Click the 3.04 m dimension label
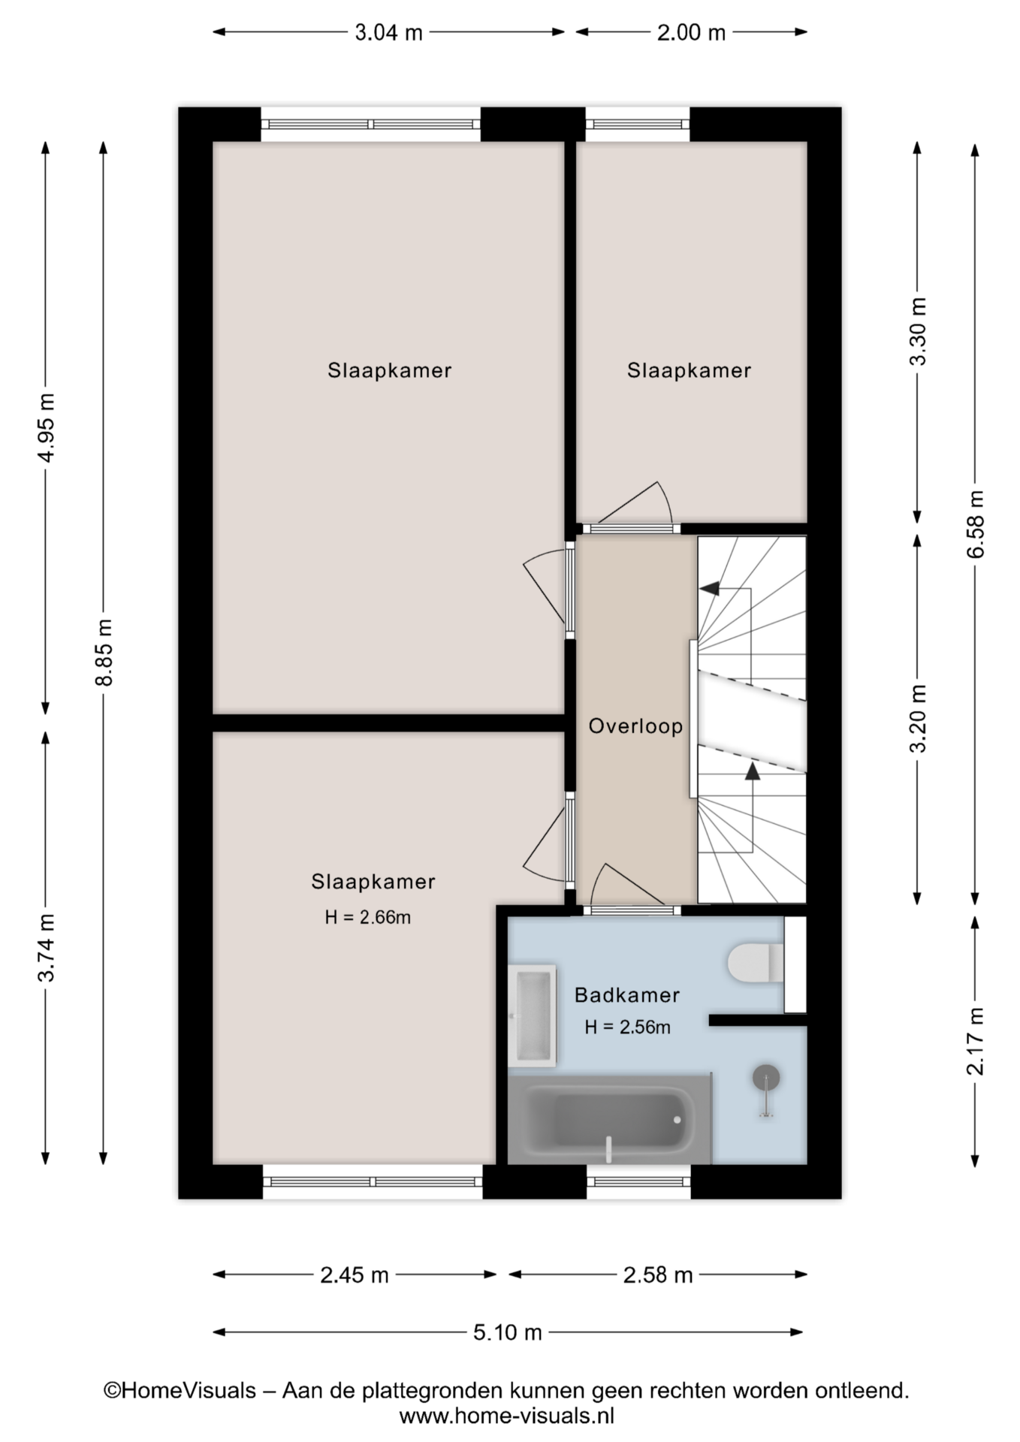pos(388,32)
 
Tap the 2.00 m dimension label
pos(691,32)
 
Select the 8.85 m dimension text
pos(104,652)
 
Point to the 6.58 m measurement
pos(975,523)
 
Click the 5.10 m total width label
pos(507,1332)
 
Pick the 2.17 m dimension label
pos(975,1041)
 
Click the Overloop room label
pos(635,726)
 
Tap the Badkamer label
pos(627,995)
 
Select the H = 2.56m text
pos(628,1027)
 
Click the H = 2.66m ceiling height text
pos(368,917)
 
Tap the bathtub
pos(609,1119)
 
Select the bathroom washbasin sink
pos(532,1015)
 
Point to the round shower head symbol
pos(766,1078)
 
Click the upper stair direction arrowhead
pos(709,588)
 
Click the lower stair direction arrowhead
pos(751,771)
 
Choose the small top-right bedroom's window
pos(637,125)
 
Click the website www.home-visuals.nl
pos(507,1416)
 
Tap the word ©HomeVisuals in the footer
pos(180,1391)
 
